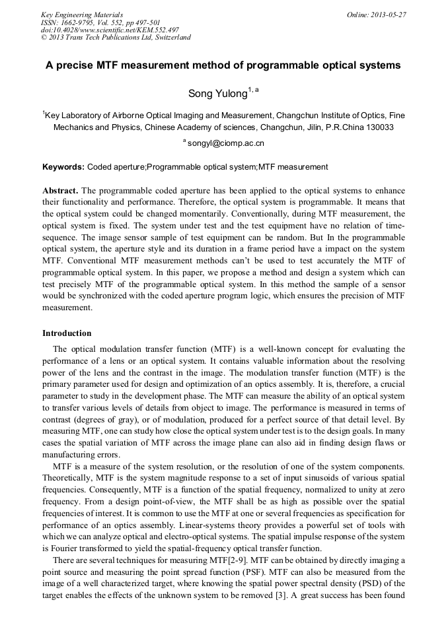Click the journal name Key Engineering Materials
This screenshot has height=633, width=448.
click(82, 15)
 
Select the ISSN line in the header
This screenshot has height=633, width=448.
click(100, 22)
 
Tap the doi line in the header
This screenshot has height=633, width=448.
click(109, 30)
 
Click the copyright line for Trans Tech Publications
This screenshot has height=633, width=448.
click(116, 38)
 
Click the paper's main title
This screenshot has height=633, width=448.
click(223, 66)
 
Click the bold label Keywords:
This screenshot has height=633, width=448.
click(63, 167)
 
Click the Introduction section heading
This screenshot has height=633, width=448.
click(67, 333)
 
